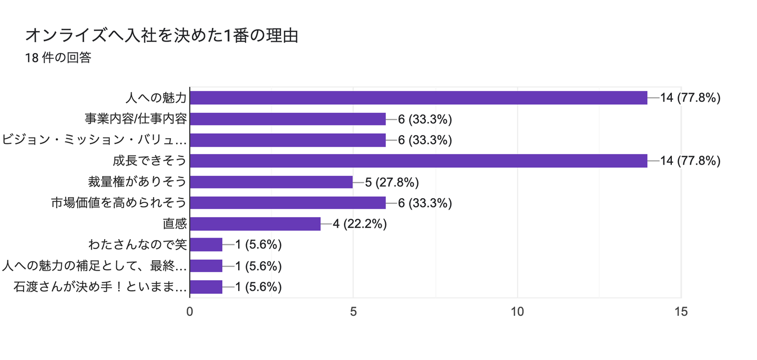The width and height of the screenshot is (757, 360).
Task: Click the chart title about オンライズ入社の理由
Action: point(162,36)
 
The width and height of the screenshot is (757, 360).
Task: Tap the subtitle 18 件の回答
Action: point(58,58)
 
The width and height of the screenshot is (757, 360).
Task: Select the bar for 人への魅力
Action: point(418,98)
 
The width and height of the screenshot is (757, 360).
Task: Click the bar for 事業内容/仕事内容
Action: point(288,119)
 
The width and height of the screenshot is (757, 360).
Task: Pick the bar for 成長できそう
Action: point(418,161)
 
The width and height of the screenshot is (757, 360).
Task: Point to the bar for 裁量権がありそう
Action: point(271,182)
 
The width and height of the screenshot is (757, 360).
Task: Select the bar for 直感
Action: point(255,224)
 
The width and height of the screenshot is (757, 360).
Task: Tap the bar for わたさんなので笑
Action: point(206,245)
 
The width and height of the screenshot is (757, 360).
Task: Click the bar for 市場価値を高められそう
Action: point(288,203)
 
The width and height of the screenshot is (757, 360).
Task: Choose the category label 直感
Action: point(175,224)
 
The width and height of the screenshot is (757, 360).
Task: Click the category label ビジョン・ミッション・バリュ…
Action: point(95,140)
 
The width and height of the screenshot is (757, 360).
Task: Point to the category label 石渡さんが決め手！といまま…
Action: point(100,287)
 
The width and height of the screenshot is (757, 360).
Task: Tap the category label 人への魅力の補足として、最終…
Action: point(95,266)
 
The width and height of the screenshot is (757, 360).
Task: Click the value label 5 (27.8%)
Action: point(392,182)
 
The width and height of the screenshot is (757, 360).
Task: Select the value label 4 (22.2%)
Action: point(360,224)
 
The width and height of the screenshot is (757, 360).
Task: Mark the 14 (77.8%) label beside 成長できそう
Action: point(690,161)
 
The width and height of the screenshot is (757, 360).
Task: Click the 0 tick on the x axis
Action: point(190,312)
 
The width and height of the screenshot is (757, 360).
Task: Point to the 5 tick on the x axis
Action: point(353,312)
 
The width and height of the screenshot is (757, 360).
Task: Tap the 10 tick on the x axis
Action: point(517,312)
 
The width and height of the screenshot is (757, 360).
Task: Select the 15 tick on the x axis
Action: point(681,312)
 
